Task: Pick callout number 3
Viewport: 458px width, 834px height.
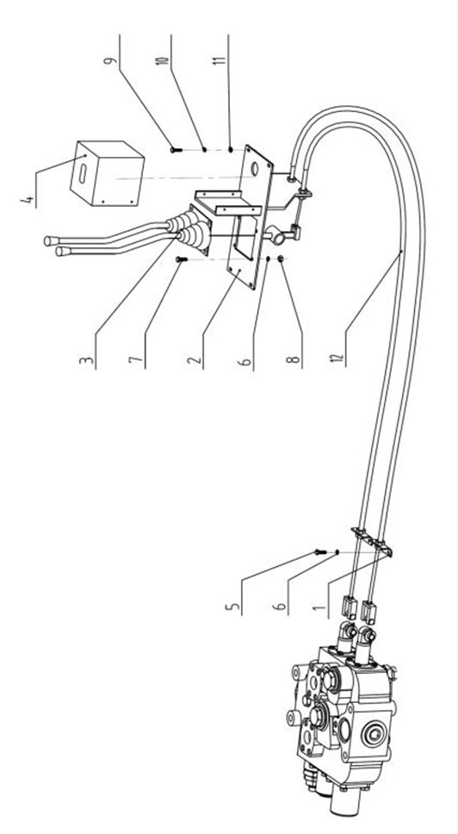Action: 87,362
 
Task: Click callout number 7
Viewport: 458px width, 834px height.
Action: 136,362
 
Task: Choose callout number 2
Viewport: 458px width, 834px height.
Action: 195,362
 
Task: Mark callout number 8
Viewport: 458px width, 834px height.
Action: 295,362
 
